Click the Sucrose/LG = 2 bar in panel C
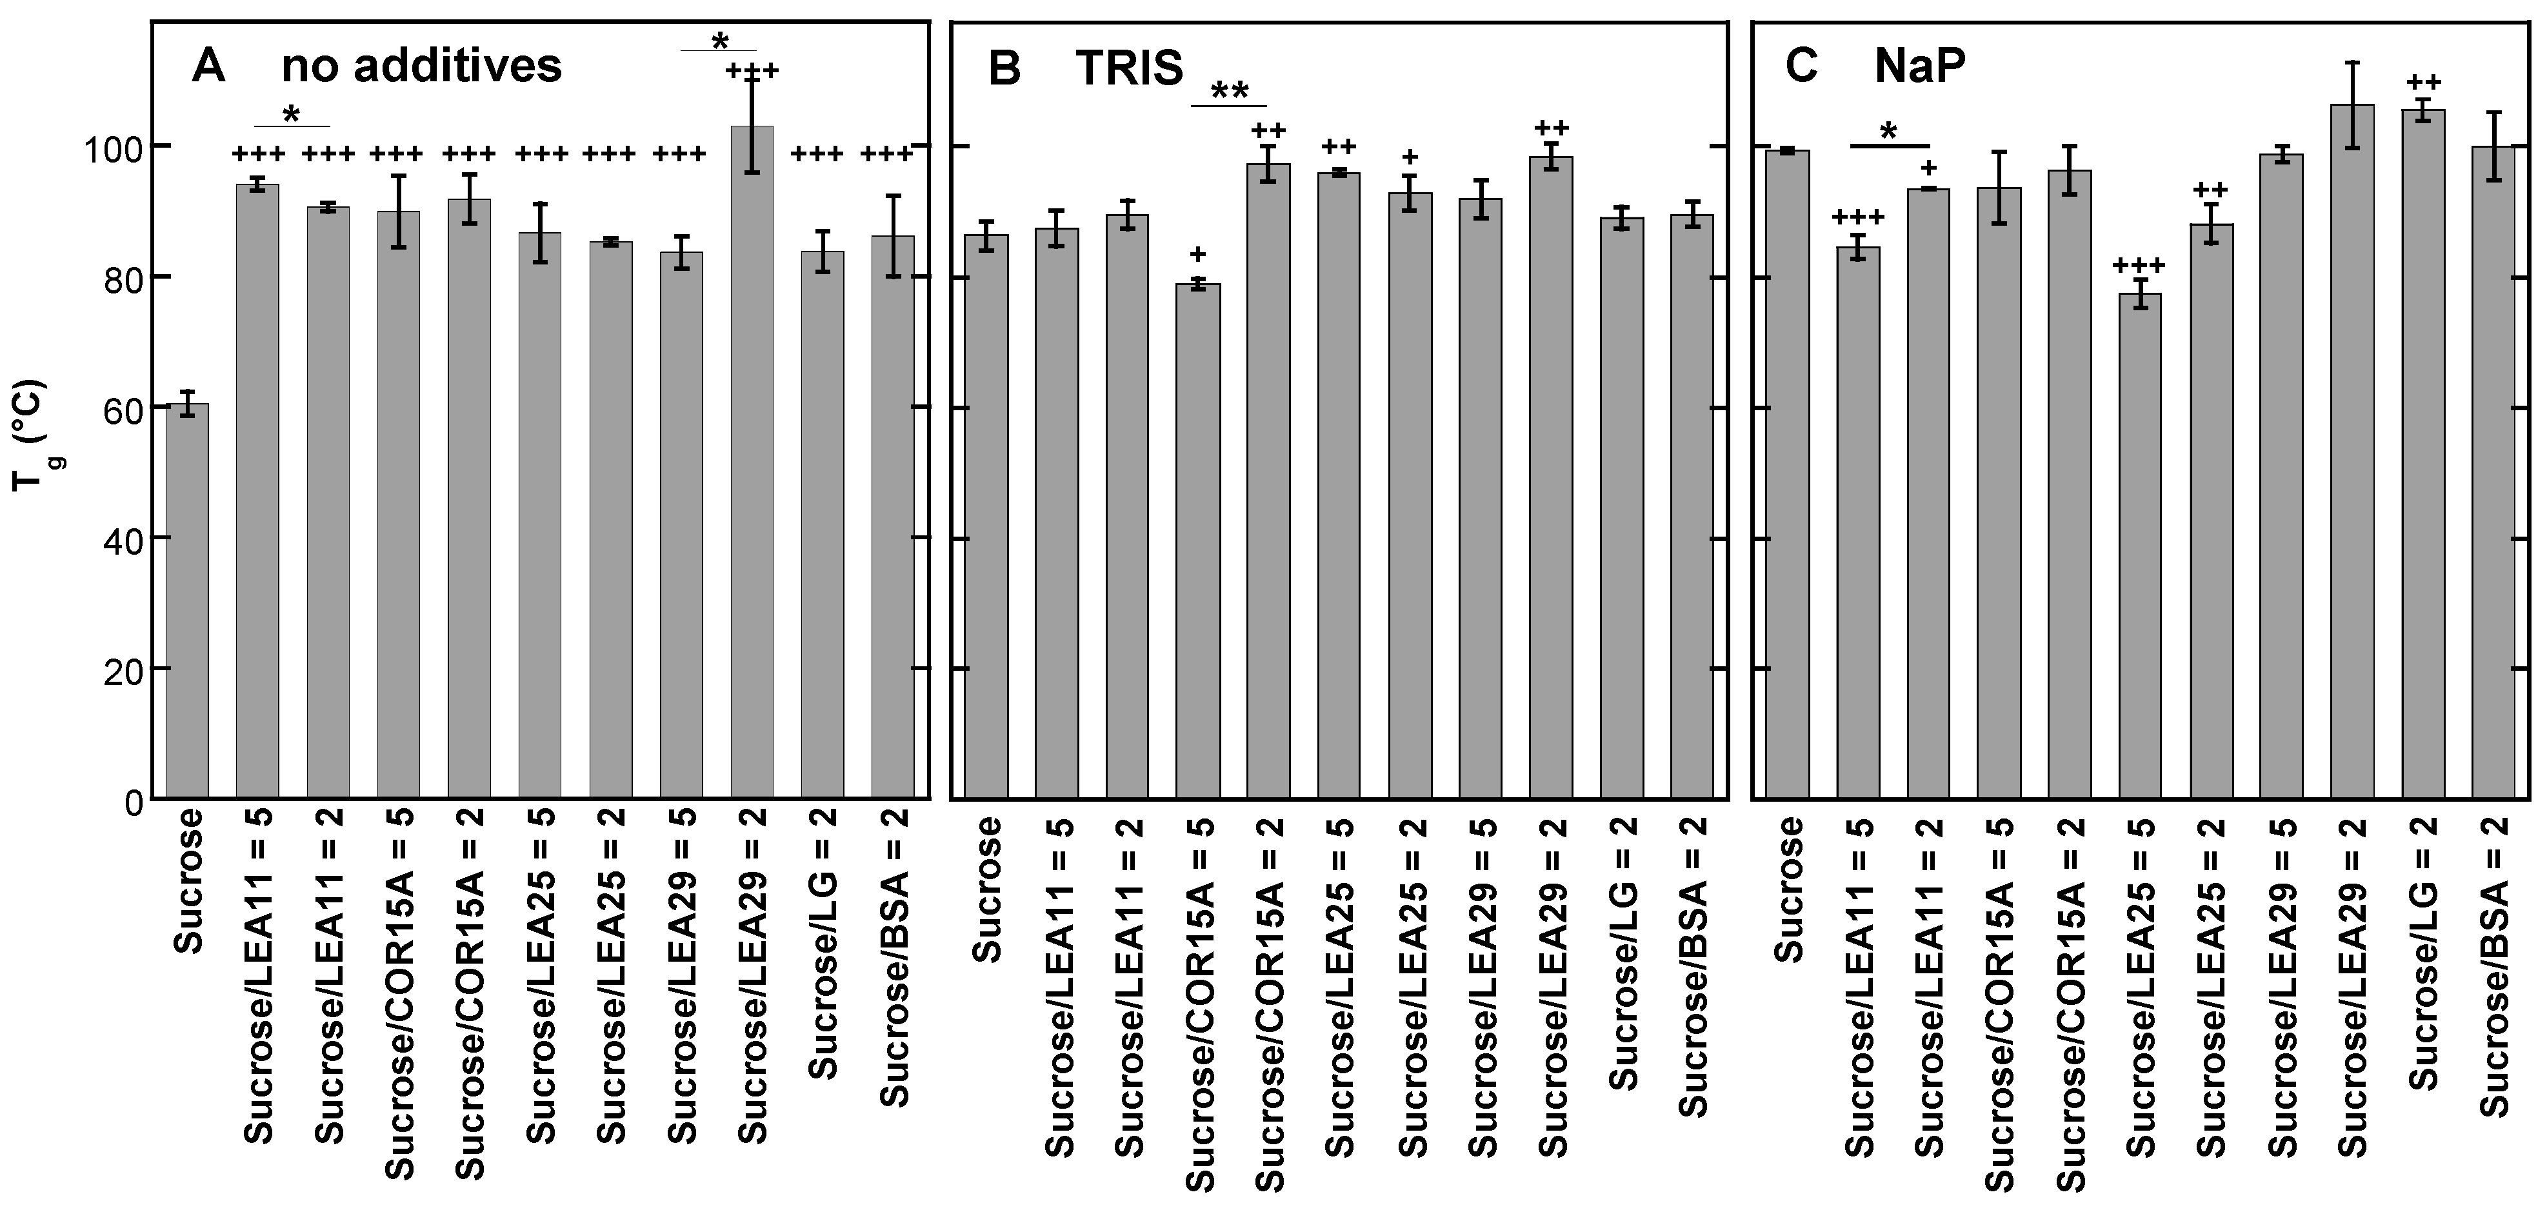[x=2422, y=454]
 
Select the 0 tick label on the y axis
[x=134, y=800]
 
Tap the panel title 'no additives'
[x=421, y=67]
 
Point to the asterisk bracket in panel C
[x=1888, y=145]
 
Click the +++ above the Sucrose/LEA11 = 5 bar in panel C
[x=1858, y=217]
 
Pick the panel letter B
[x=1004, y=69]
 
